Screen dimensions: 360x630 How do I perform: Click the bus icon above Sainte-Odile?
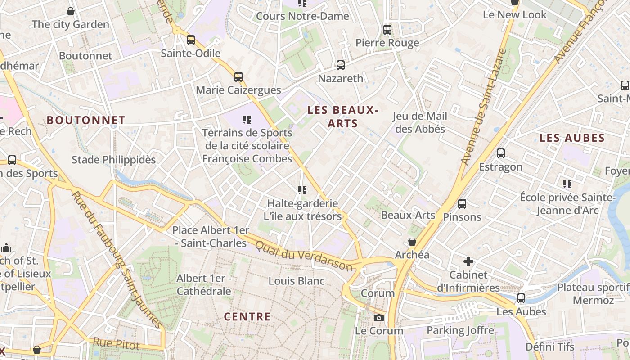coord(191,40)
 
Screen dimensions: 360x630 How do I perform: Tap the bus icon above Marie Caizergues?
coord(238,77)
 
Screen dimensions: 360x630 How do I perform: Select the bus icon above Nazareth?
coord(341,65)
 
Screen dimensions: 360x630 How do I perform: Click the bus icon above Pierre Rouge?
coord(387,30)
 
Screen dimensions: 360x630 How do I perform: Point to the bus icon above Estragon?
coord(501,153)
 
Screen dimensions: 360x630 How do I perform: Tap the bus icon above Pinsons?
coord(462,204)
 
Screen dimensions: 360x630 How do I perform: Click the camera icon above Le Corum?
coord(379,318)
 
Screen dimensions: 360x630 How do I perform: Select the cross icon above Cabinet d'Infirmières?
coord(468,261)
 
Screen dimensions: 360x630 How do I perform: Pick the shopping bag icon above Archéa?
coord(412,242)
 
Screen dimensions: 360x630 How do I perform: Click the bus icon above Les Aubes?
coord(521,298)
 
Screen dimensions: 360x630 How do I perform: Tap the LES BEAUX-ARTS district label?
coord(343,117)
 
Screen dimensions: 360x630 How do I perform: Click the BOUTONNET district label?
coord(86,120)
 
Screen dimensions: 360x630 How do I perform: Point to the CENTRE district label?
coord(247,317)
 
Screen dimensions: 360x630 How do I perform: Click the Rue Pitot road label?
coord(116,344)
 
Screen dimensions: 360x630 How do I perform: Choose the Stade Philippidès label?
coord(114,160)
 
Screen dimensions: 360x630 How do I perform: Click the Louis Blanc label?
coord(297,281)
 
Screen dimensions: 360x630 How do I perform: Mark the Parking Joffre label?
coord(460,330)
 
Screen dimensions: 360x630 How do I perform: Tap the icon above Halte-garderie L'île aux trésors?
coord(302,191)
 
